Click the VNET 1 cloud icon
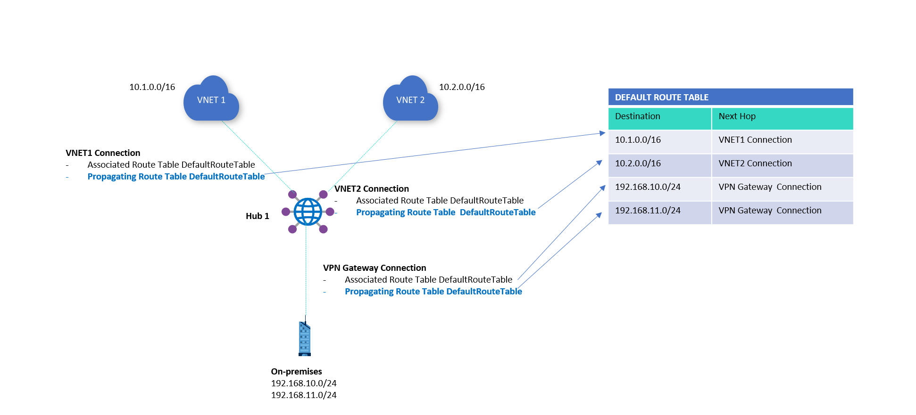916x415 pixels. coord(211,100)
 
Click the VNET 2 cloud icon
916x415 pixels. coord(410,100)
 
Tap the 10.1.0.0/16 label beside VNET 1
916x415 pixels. coord(152,87)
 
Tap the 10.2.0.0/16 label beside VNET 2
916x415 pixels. coord(462,87)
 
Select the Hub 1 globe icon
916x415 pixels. coord(308,212)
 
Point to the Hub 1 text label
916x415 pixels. coord(257,216)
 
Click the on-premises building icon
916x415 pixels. coord(305,338)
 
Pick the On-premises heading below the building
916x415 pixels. coord(296,372)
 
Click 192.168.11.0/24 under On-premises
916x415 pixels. coord(304,395)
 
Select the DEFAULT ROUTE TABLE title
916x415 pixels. coord(661,98)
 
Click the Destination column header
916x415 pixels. coord(637,116)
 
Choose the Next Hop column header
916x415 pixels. coord(737,116)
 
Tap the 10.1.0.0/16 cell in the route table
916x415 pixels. coord(638,140)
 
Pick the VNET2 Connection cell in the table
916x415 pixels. coord(755,163)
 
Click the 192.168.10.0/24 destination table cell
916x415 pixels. coord(648,187)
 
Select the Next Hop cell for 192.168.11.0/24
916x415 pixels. coord(770,211)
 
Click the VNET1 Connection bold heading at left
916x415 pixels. coord(103,153)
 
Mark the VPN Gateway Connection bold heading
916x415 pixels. coord(375,268)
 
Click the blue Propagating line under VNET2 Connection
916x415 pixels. coord(446,212)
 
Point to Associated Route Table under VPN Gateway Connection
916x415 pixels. coord(428,280)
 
